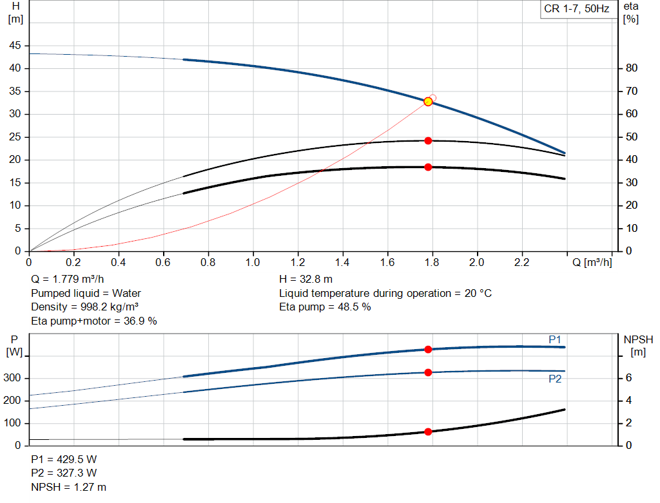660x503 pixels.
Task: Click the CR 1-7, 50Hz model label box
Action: point(577,9)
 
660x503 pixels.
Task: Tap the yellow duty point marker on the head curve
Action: point(428,102)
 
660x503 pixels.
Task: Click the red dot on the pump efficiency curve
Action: point(428,141)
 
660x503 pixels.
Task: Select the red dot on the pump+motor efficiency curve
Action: point(428,167)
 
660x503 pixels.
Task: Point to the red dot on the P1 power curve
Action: point(428,350)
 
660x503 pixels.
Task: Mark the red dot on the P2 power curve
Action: point(428,373)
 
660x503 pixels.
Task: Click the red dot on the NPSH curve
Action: point(428,432)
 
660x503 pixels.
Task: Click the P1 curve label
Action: point(555,340)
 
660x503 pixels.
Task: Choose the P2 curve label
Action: point(555,379)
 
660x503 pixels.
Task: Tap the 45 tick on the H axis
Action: point(15,46)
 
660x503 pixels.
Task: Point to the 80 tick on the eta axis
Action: point(632,68)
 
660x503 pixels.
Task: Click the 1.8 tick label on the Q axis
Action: point(432,262)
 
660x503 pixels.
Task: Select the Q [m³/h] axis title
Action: point(592,262)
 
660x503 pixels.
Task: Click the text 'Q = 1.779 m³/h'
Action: point(67,280)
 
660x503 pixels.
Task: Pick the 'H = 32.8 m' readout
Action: point(306,280)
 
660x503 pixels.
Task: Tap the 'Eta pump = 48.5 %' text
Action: point(325,307)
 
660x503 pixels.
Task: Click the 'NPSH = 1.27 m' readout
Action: point(68,487)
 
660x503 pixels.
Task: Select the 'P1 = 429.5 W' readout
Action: point(64,459)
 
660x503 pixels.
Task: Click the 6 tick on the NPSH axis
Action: point(628,378)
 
